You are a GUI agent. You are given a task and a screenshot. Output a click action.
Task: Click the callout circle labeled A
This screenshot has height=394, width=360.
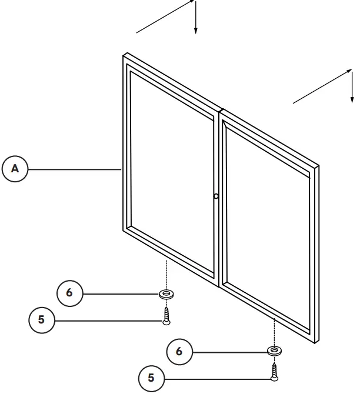coord(16,169)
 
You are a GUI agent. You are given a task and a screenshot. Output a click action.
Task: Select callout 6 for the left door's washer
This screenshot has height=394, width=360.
coord(69,293)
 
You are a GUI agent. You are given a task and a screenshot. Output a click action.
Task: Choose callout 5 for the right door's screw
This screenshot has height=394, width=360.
coord(151,378)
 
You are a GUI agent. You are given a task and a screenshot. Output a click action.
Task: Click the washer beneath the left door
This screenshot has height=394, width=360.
coord(166,292)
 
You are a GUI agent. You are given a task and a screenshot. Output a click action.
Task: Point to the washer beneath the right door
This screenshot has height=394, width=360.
coord(274,351)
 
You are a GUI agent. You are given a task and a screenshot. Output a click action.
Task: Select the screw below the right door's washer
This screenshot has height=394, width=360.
coord(274,371)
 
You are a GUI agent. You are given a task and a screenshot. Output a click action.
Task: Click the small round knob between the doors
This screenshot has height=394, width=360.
coord(216,196)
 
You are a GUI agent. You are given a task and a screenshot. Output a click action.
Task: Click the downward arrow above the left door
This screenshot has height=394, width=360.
coord(196,18)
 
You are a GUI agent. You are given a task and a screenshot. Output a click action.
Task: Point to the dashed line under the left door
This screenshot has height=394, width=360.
coord(166,273)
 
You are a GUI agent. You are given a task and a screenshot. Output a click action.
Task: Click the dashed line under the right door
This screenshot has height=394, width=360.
coord(274,332)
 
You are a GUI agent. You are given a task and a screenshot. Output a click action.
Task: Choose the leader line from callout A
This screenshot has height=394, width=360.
coord(74,169)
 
